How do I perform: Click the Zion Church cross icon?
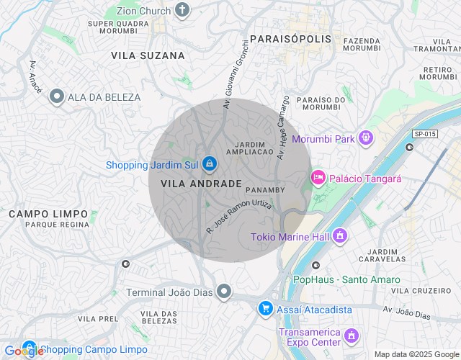pos(182,10)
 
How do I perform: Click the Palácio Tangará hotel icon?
pos(317,177)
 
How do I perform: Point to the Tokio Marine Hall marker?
pos(340,236)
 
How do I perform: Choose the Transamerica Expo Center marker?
pos(351,336)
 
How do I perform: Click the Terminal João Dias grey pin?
pos(225,292)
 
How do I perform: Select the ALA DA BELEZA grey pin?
pos(56,97)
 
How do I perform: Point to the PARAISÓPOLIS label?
pos(291,38)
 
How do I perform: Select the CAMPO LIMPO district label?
pos(48,214)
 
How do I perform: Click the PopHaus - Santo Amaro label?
pos(341,279)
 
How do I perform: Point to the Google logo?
pos(24,351)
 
